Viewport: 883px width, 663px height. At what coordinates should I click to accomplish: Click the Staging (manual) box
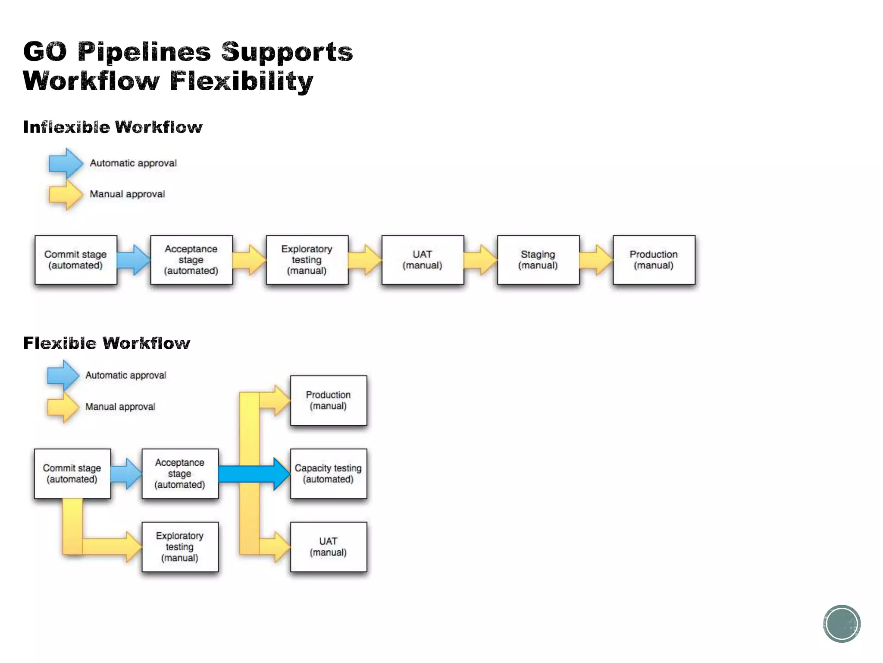(538, 260)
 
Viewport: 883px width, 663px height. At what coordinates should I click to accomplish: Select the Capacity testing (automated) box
(329, 474)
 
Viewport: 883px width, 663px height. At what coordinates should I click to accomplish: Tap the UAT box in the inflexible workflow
(423, 260)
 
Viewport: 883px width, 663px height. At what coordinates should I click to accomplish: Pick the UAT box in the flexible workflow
(329, 547)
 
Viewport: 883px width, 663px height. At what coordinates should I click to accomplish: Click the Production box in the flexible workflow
(329, 400)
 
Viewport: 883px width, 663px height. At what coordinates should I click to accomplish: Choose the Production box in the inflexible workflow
(654, 260)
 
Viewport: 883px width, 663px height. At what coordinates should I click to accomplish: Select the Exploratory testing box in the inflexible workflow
(307, 260)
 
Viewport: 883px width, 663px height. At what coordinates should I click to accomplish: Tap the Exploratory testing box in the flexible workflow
(180, 547)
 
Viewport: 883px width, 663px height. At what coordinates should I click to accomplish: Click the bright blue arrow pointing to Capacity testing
(254, 474)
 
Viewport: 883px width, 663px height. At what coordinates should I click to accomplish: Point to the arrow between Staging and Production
(596, 260)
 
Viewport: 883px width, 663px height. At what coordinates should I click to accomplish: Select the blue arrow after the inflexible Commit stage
(134, 260)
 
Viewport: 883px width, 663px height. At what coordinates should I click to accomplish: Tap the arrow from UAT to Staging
(481, 260)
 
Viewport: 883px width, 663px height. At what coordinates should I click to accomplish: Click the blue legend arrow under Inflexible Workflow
(66, 163)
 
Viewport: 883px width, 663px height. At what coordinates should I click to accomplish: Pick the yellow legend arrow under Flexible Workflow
(63, 407)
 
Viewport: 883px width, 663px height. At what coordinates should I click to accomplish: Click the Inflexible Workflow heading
(113, 127)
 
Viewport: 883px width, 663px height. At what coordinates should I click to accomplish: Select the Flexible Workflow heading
(106, 343)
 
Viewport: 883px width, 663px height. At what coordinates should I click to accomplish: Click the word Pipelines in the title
(144, 52)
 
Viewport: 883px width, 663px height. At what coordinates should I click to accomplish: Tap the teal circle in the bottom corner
(842, 624)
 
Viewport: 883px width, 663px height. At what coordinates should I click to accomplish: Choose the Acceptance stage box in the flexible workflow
(180, 474)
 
